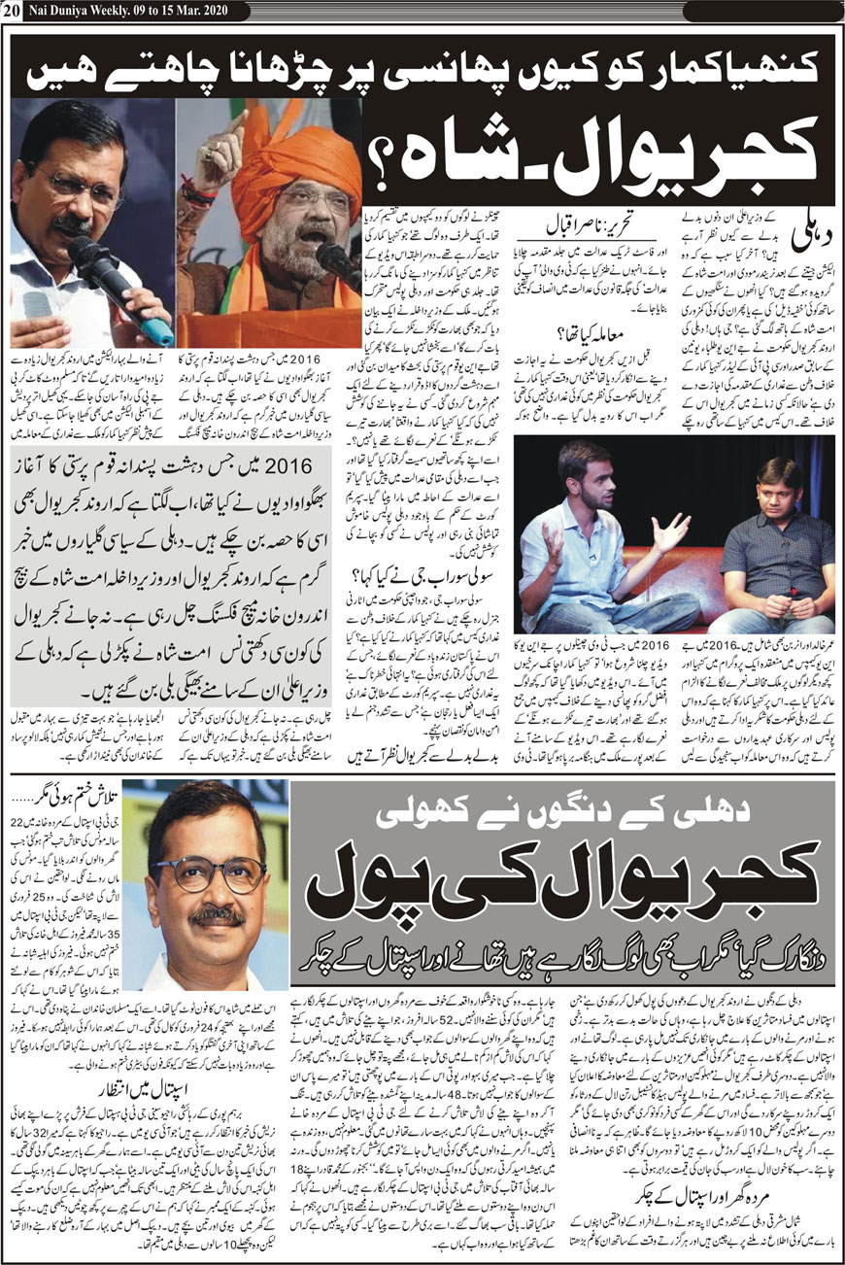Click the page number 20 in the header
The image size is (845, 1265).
pyautogui.click(x=11, y=10)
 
